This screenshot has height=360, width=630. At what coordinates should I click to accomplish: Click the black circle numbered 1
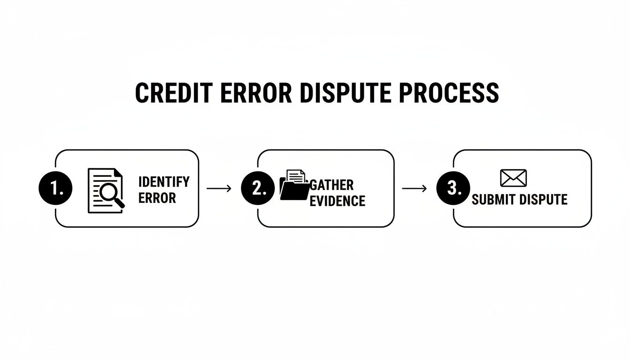[x=55, y=188]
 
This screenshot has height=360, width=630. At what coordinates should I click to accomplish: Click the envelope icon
[x=513, y=178]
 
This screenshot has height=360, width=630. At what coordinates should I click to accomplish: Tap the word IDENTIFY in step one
[x=164, y=181]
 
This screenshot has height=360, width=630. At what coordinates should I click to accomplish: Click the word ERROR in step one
[x=157, y=198]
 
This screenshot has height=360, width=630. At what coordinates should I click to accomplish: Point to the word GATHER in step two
[x=332, y=185]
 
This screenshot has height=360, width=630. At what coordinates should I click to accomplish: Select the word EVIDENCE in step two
[x=337, y=201]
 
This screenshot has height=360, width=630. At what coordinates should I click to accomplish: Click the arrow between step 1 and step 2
[x=219, y=188]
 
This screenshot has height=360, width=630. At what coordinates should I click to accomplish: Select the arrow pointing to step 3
[x=414, y=188]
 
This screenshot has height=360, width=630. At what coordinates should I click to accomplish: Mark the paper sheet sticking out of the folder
[x=296, y=176]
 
